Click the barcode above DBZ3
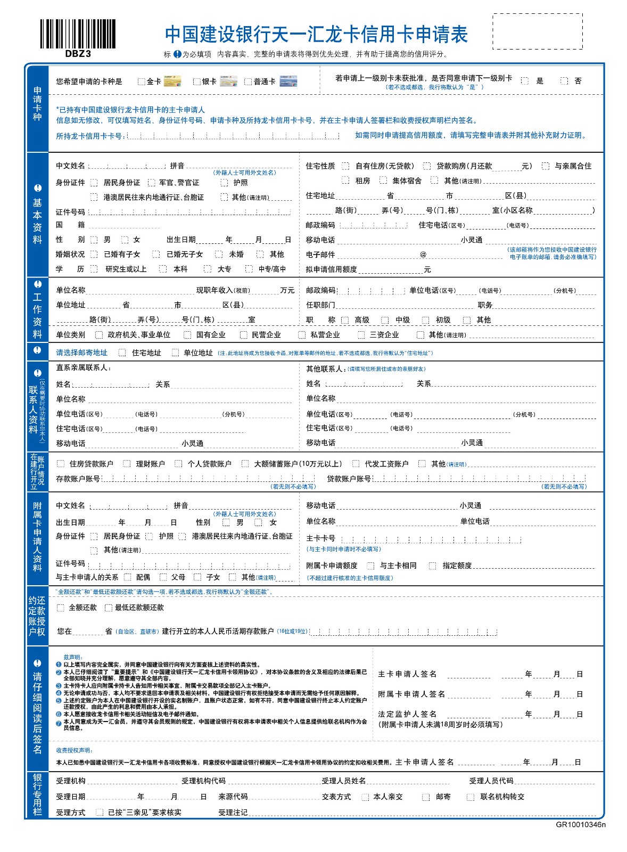78,34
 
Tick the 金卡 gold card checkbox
141,81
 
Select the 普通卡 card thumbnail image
288,81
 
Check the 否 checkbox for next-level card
564,81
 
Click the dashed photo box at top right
537,31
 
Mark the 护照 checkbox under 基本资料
224,183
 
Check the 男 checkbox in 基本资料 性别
94,240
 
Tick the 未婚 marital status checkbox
219,255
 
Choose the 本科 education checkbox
163,269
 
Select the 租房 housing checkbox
345,181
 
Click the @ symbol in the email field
423,255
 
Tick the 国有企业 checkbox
187,335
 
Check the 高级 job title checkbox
345,320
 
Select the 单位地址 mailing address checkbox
175,353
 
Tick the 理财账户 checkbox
127,464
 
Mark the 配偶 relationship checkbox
127,577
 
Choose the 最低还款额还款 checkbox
108,608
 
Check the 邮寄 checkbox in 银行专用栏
425,797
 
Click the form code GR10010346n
581,825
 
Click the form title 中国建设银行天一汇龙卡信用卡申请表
316,35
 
